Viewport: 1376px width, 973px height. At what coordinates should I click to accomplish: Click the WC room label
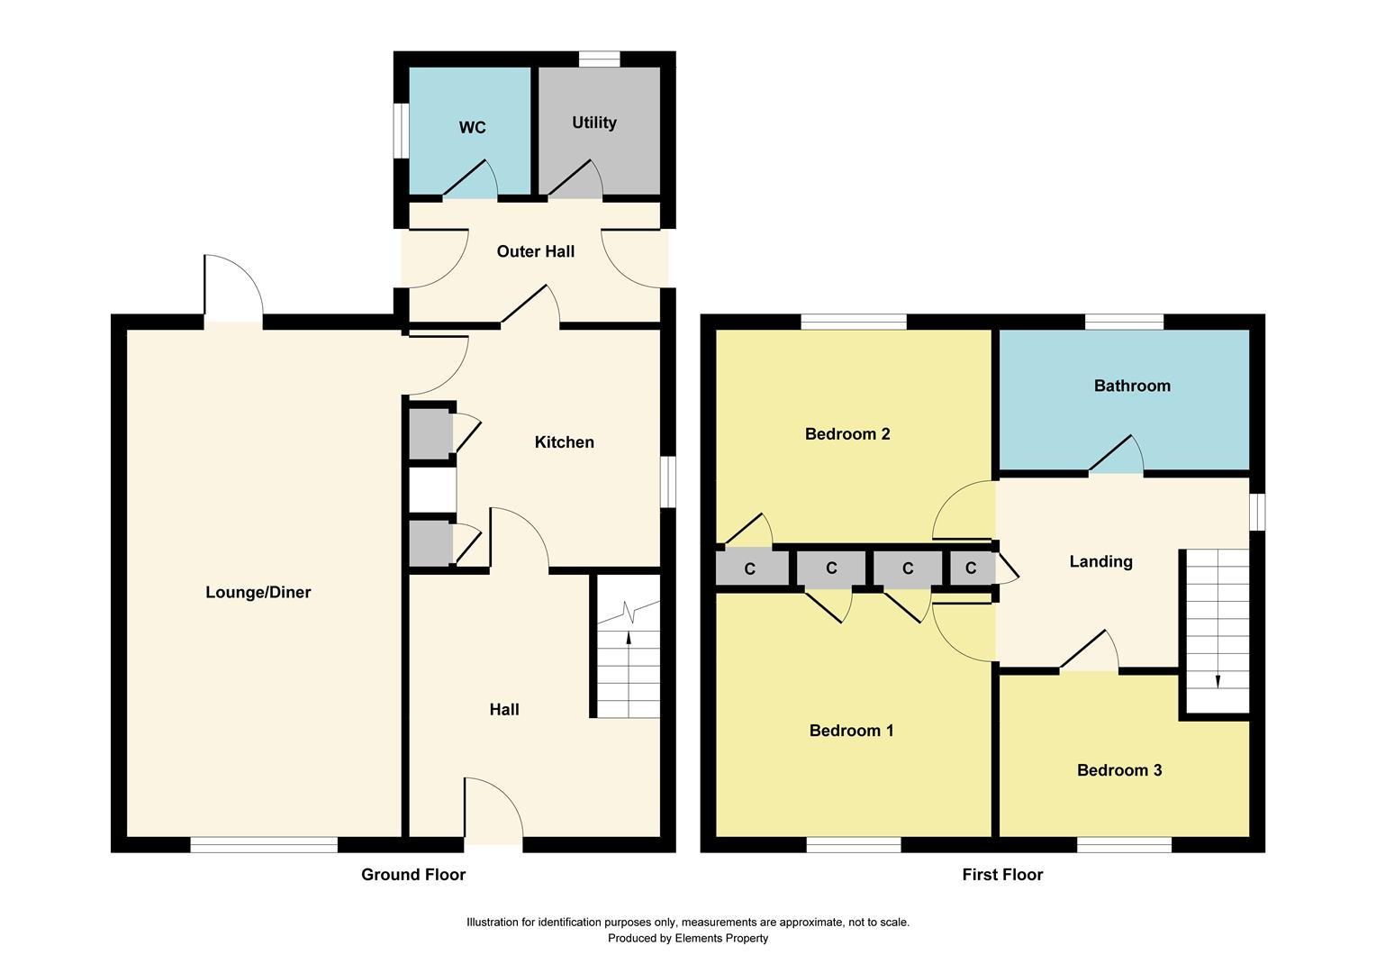[472, 128]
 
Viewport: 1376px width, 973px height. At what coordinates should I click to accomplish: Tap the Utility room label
[594, 123]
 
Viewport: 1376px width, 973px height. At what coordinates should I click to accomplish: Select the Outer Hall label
[535, 251]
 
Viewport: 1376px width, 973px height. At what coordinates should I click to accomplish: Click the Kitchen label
[564, 442]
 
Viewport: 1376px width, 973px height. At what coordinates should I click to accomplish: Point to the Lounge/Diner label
[258, 593]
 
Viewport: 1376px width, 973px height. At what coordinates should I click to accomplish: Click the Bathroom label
[1132, 386]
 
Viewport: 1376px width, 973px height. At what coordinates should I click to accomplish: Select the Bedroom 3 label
[1119, 770]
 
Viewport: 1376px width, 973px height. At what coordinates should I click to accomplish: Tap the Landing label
[1100, 562]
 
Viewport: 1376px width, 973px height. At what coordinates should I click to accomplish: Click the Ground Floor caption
[413, 874]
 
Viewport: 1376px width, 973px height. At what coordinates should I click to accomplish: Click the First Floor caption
[1002, 874]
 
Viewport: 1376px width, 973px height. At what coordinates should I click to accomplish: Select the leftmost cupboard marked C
[749, 569]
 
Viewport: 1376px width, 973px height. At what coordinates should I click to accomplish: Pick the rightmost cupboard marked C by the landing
[971, 568]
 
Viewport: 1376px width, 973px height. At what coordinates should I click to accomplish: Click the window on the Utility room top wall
[599, 59]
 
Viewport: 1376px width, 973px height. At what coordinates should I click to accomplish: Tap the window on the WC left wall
[403, 132]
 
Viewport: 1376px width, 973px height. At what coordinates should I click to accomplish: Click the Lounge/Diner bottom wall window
[264, 844]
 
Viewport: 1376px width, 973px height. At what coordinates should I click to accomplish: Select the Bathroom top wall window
[1124, 322]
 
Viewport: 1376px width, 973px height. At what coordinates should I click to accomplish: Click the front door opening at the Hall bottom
[493, 844]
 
